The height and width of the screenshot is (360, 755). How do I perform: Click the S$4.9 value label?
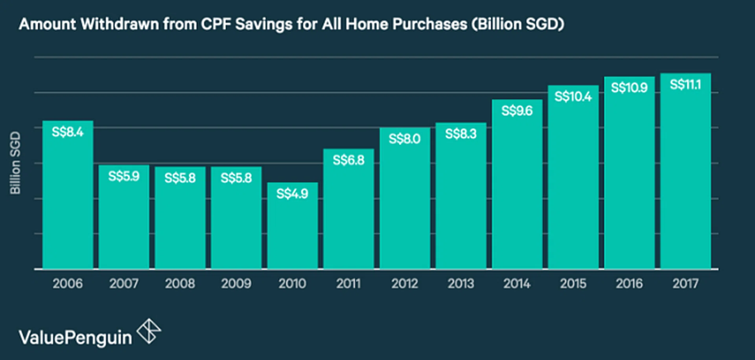(x=292, y=194)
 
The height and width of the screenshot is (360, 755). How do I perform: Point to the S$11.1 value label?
(x=685, y=85)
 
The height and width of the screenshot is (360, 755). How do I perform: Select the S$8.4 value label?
(x=68, y=132)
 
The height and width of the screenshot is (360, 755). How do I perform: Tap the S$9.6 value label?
(x=517, y=111)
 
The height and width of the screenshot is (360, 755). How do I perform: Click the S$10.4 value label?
(x=573, y=96)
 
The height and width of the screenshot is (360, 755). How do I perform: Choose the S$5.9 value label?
(x=124, y=176)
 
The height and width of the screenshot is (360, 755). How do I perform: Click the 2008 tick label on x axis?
(x=180, y=283)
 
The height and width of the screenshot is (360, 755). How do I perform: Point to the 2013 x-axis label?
(x=461, y=283)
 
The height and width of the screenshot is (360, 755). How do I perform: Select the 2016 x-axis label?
(x=629, y=283)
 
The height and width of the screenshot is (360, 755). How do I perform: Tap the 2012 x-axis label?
(x=405, y=283)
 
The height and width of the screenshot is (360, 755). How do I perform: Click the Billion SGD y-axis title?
(x=15, y=162)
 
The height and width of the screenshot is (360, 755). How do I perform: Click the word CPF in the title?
(x=216, y=24)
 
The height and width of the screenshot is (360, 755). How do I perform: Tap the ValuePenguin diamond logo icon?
(x=149, y=331)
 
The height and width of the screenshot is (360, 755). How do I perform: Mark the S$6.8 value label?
(x=348, y=160)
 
